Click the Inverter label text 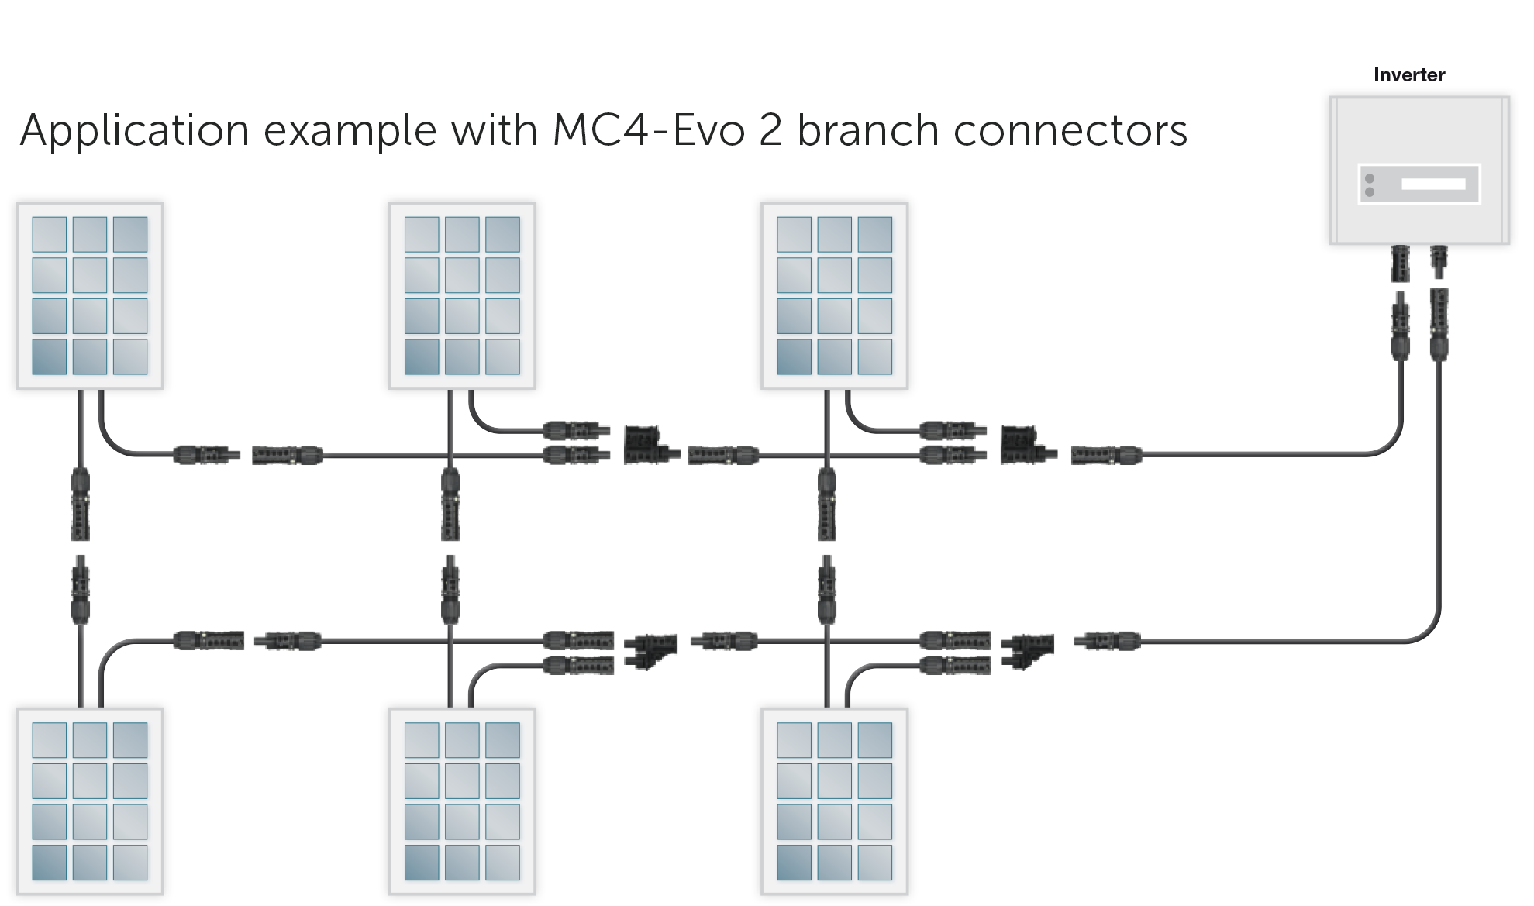click(x=1408, y=75)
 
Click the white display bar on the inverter click(x=1433, y=184)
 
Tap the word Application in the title click(x=134, y=130)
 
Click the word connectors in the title click(x=1070, y=130)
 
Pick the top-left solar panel click(x=90, y=295)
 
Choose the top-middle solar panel click(x=462, y=295)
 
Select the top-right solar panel click(x=834, y=295)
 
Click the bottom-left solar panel click(x=90, y=801)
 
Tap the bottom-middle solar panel click(x=462, y=801)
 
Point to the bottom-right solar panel click(x=834, y=801)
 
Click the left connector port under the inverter click(x=1401, y=264)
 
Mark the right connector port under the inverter click(x=1439, y=262)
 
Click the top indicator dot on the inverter click(x=1370, y=179)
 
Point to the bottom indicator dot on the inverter click(x=1370, y=191)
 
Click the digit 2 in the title click(x=770, y=130)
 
